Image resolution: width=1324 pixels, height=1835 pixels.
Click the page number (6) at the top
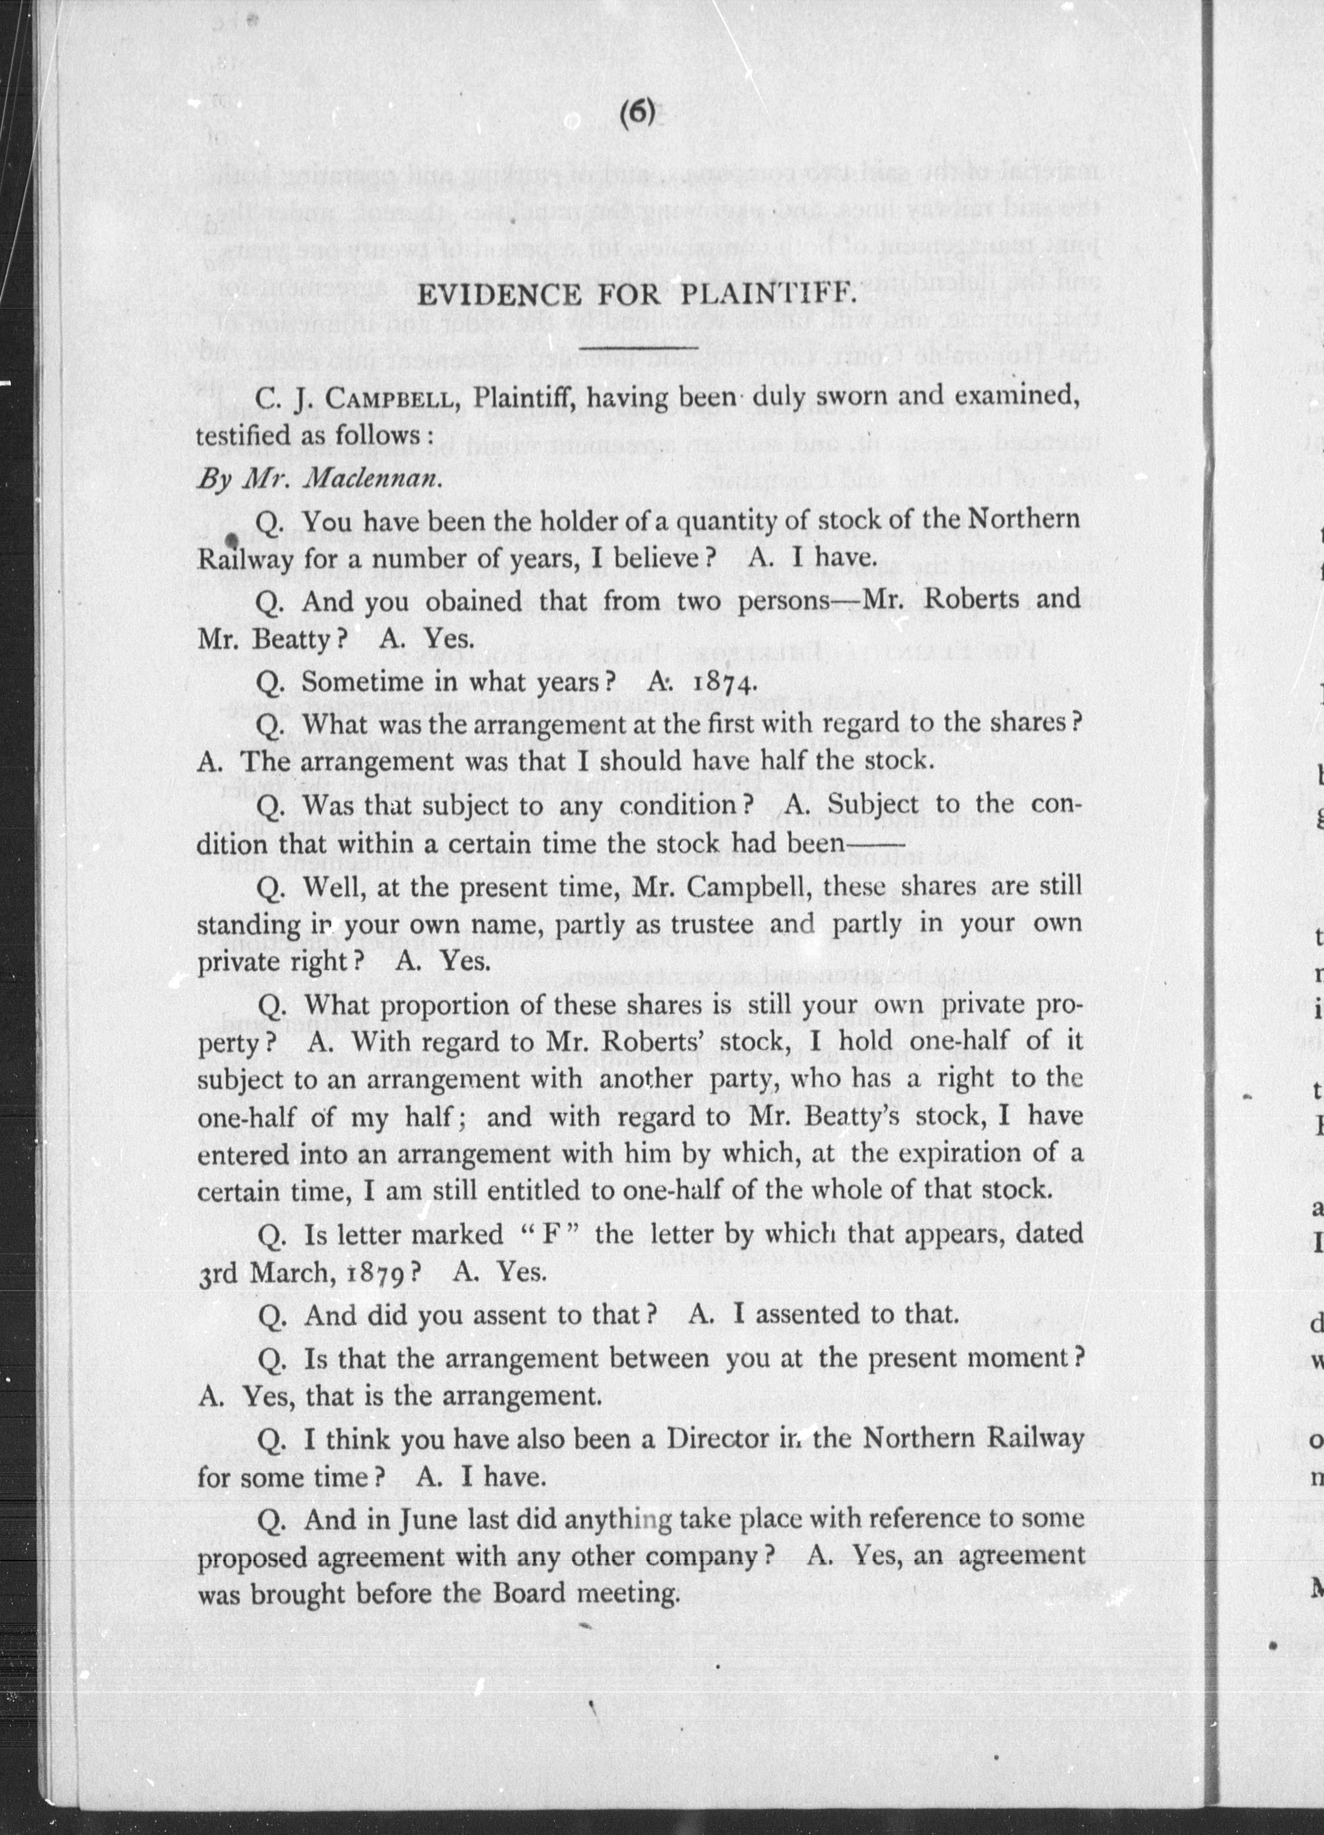[637, 112]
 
